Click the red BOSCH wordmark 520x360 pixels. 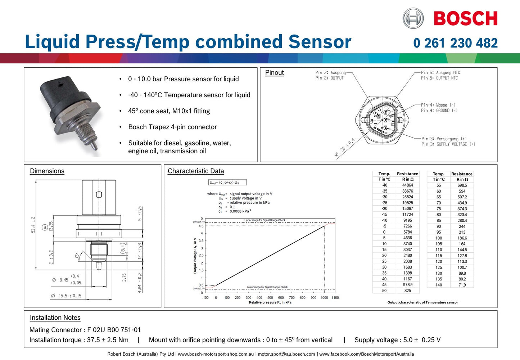[465, 18]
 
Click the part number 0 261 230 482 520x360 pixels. [455, 43]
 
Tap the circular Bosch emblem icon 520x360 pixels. [413, 18]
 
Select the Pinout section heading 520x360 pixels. [274, 72]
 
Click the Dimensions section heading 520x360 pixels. [47, 171]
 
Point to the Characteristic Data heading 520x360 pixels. [196, 171]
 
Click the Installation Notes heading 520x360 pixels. [55, 318]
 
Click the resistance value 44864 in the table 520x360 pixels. [407, 185]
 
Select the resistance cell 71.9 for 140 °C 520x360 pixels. [462, 285]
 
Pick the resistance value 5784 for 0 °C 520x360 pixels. [407, 232]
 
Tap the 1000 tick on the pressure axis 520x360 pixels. [324, 298]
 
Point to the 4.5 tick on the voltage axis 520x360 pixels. [201, 226]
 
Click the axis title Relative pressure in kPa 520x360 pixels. [270, 302]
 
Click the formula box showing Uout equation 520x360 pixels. [227, 183]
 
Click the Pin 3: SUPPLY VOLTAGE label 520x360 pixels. [448, 144]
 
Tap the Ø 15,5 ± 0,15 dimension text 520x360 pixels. [66, 296]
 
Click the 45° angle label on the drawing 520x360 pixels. [77, 256]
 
